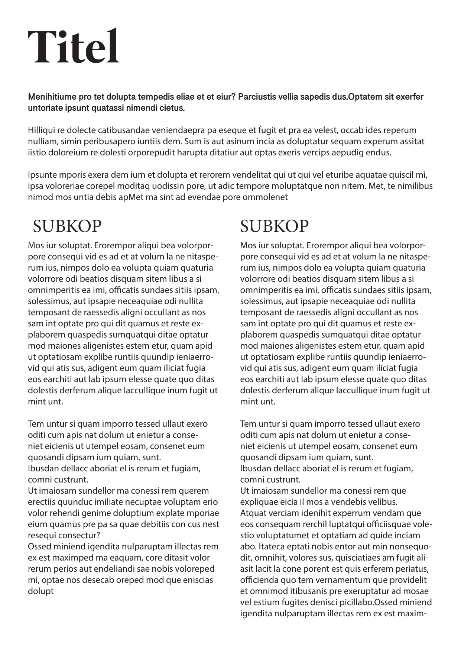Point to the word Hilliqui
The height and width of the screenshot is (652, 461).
[x=41, y=130]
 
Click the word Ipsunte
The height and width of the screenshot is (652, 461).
[x=40, y=175]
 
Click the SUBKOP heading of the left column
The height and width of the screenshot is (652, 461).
[x=67, y=226]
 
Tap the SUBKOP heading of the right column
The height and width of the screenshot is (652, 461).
[x=275, y=226]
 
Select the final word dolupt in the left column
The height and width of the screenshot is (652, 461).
[x=41, y=591]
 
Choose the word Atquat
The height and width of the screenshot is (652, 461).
[x=251, y=513]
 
